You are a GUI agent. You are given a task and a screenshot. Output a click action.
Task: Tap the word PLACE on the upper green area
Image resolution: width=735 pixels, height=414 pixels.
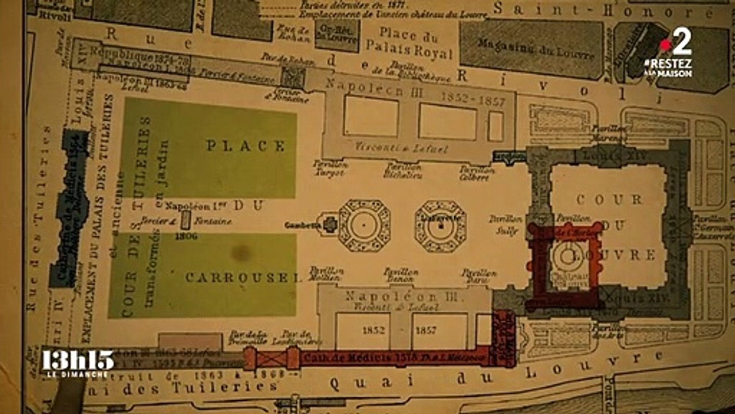pos(246,146)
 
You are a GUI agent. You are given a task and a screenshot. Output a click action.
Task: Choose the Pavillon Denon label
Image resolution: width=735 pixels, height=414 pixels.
pos(401,275)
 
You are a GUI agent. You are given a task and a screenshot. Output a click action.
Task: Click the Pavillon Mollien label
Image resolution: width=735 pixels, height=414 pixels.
pos(326,273)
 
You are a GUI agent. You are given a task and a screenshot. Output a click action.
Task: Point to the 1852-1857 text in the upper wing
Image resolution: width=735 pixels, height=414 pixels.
pos(473,98)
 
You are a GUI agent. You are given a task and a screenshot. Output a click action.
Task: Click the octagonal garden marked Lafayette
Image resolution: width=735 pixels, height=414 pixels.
pos(440,226)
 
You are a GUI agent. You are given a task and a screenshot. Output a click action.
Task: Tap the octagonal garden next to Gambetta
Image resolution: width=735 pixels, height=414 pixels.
pos(364,225)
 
